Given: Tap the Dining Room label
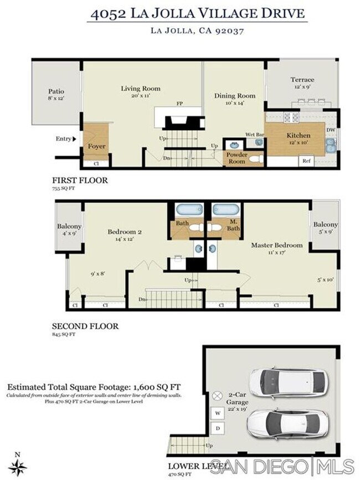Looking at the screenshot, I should (x=235, y=95).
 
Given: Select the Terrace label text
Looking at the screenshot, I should (x=302, y=80).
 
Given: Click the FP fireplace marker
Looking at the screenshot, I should (x=180, y=104).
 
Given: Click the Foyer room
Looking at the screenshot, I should (x=97, y=146).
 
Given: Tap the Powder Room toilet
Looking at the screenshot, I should (x=255, y=159).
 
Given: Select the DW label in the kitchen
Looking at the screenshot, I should (x=330, y=130).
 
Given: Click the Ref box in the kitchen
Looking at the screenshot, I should (x=306, y=161).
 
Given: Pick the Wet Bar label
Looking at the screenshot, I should (x=254, y=135).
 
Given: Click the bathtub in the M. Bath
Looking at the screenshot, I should (x=226, y=210).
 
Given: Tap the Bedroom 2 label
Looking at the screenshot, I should (x=125, y=232).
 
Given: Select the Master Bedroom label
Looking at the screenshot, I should (x=277, y=245).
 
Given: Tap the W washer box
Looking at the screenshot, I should (x=218, y=413).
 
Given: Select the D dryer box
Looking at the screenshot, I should (x=218, y=427).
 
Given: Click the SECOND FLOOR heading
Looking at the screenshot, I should (x=85, y=326).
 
